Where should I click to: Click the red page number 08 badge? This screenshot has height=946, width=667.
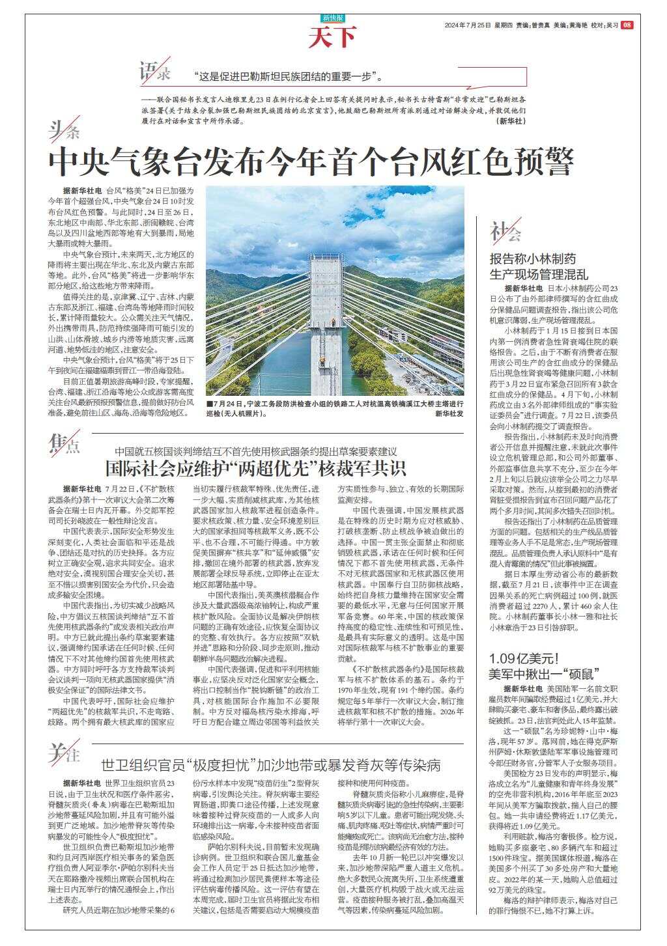point(627,25)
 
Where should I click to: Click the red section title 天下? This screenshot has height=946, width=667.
point(333,38)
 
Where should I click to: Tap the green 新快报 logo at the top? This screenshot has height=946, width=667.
point(333,18)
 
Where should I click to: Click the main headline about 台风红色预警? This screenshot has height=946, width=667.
point(312,161)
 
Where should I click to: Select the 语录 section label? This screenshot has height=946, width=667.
point(155,72)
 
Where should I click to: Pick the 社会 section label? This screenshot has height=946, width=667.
point(505,232)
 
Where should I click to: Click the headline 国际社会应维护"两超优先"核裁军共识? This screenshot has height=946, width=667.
point(256,468)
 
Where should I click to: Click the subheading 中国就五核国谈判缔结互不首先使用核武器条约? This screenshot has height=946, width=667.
point(255,451)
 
